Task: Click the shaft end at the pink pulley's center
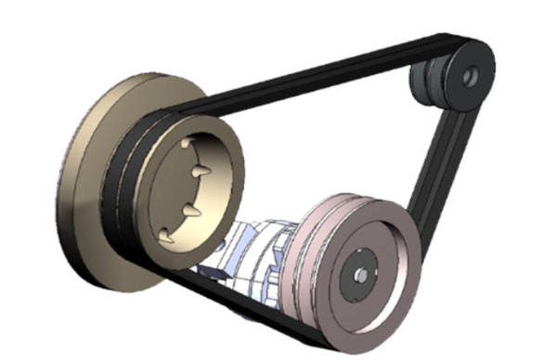[x=360, y=276]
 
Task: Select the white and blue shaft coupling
[x=255, y=251]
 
